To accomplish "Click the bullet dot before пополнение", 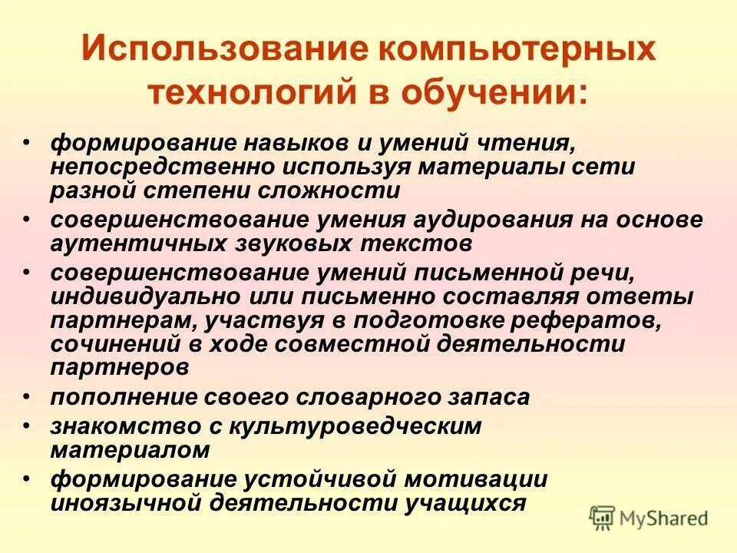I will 27,396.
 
